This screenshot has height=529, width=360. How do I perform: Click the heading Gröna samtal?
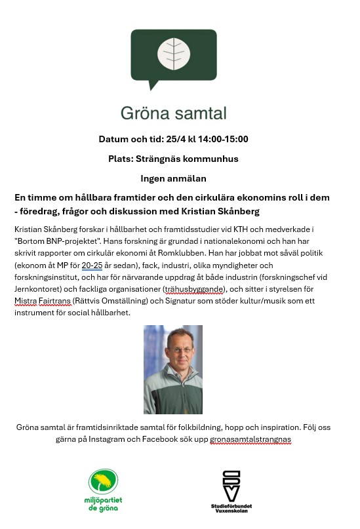173,113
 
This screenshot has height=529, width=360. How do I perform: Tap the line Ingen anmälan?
173,178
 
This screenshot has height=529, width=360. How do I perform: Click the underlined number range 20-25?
92,265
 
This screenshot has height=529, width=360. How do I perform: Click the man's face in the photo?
172,357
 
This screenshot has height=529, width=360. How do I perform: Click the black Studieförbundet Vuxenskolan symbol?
231,486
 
